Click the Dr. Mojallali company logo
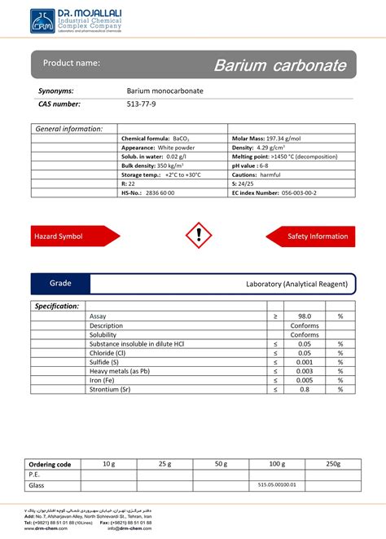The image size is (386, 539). tap(42, 20)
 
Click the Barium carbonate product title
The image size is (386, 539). tap(279, 64)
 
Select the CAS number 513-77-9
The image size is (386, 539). tap(141, 104)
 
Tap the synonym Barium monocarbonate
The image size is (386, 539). tap(164, 91)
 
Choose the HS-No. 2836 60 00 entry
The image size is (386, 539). tap(156, 192)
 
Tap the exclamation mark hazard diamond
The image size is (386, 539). tap(198, 236)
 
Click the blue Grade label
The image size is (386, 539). tap(60, 284)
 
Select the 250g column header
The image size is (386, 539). tap(332, 463)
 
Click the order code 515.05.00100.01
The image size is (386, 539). tap(277, 484)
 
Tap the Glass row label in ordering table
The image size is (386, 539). tap(37, 484)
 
